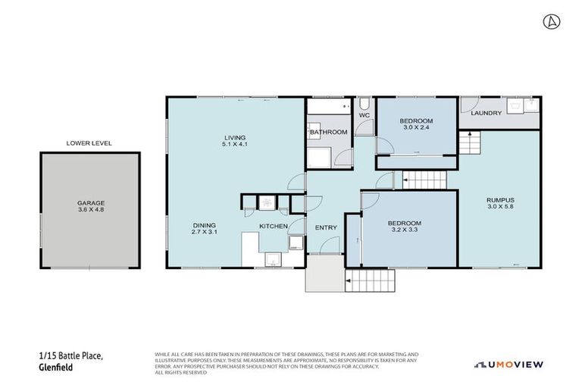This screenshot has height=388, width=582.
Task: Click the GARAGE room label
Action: click(89, 203)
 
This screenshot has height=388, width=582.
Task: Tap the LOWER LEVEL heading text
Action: click(89, 142)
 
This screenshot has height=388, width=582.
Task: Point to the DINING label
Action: click(205, 225)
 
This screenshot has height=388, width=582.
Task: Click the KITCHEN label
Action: click(274, 227)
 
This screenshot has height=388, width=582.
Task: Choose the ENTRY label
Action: click(326, 227)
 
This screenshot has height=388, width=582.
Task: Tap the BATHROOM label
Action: click(328, 133)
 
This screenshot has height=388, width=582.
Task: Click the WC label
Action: click(364, 115)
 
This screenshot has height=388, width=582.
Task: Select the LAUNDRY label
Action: click(486, 114)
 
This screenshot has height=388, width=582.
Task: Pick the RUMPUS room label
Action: click(501, 200)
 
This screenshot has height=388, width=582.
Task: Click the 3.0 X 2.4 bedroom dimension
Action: click(417, 128)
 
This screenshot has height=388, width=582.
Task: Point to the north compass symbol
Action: click(552, 21)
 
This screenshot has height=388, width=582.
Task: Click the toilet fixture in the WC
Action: click(365, 103)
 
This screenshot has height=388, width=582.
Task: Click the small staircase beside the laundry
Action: click(470, 142)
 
